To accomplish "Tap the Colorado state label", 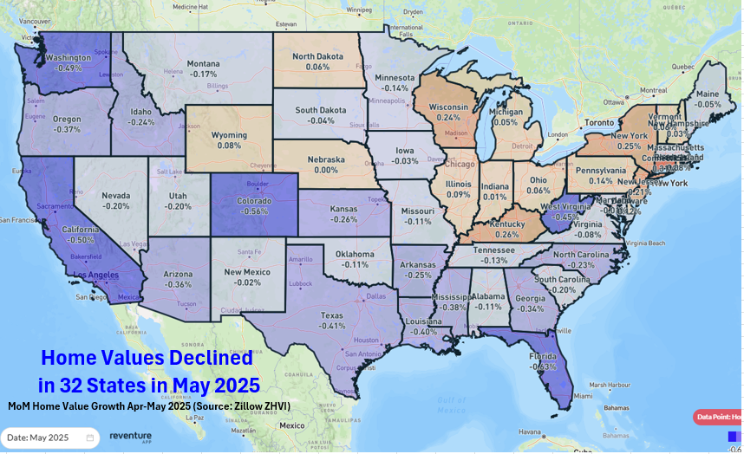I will tap(254, 201).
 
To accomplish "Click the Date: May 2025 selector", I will tap(49, 438).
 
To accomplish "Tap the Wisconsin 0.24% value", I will tap(448, 117).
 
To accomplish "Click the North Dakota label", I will tap(317, 56).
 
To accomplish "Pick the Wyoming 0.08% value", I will tap(230, 146).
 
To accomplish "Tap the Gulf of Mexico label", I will tap(452, 404).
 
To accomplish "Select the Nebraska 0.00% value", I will tap(326, 170).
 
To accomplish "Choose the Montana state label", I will tap(204, 63).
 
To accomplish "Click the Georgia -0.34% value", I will tap(531, 308).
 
